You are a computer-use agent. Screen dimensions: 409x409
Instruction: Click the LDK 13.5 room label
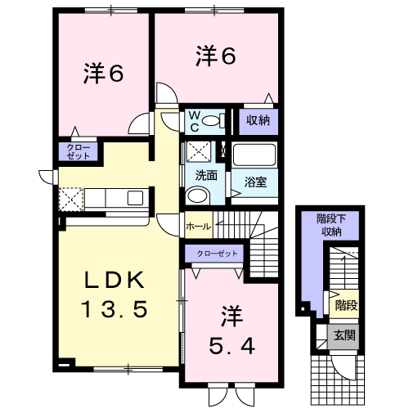tap(115, 294)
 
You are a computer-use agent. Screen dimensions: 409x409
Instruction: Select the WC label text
tap(194, 122)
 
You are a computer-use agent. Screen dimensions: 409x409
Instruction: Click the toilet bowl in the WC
tap(212, 120)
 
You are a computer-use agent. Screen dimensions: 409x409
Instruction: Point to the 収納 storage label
tap(258, 120)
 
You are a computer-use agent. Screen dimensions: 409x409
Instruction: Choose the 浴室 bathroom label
tap(255, 182)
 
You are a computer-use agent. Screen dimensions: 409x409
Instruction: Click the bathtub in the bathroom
tap(254, 155)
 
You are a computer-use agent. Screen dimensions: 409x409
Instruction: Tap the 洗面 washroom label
tap(206, 176)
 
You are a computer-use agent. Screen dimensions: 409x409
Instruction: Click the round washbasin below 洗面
tap(197, 196)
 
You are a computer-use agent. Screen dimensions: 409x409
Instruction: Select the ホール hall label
tap(198, 227)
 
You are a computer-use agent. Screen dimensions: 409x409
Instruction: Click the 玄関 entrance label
tap(344, 335)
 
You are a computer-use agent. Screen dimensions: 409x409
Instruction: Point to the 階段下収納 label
tap(331, 225)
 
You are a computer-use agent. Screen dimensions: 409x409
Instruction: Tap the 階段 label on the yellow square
tap(346, 305)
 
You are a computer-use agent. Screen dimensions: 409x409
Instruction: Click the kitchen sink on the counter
tap(135, 198)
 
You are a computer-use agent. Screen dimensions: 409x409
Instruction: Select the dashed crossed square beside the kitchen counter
tap(71, 200)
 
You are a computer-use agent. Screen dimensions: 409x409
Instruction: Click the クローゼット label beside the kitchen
tap(79, 152)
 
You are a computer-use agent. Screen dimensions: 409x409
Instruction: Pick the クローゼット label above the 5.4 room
tap(218, 254)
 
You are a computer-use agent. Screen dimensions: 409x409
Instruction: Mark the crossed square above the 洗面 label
tap(198, 152)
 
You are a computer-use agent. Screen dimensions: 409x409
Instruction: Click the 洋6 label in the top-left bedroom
tap(103, 74)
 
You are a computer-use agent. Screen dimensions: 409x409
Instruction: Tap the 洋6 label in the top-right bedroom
tap(216, 56)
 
